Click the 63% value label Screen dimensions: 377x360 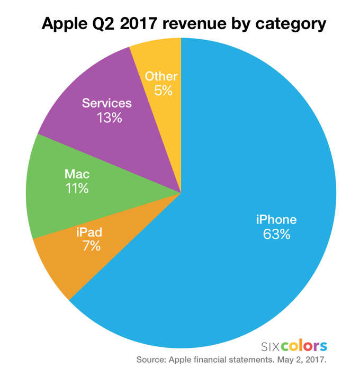point(276,234)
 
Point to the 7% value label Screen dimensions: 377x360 point(90,246)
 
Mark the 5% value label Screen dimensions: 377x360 point(163,91)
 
